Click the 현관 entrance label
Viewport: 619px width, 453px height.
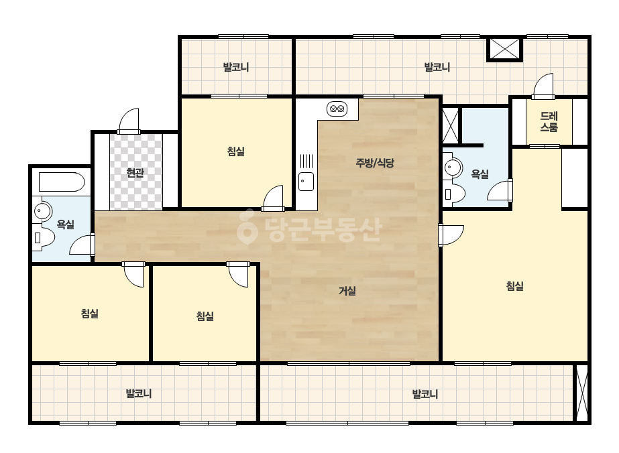[135, 172]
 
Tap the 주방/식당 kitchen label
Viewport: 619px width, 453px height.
[375, 163]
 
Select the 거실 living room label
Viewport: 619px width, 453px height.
[347, 291]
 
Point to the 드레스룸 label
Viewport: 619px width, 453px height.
[549, 121]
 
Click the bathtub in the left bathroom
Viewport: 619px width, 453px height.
[62, 182]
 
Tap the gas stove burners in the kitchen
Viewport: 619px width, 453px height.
[337, 109]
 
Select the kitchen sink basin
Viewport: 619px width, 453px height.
[306, 182]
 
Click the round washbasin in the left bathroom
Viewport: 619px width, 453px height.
[43, 211]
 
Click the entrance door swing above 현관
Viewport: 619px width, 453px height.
[129, 121]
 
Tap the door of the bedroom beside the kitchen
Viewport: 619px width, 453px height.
[273, 198]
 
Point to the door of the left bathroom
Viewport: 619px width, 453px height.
[82, 245]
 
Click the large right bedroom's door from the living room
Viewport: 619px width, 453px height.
[451, 235]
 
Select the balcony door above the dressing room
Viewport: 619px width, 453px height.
[543, 86]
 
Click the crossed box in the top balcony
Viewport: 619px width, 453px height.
[504, 49]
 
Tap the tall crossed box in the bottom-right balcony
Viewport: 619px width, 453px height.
[582, 393]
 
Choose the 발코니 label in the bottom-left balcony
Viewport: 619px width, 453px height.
[139, 393]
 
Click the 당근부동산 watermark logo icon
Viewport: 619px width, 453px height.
[247, 226]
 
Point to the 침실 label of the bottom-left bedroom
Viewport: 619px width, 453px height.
[90, 314]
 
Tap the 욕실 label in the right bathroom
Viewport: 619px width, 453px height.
[480, 174]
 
